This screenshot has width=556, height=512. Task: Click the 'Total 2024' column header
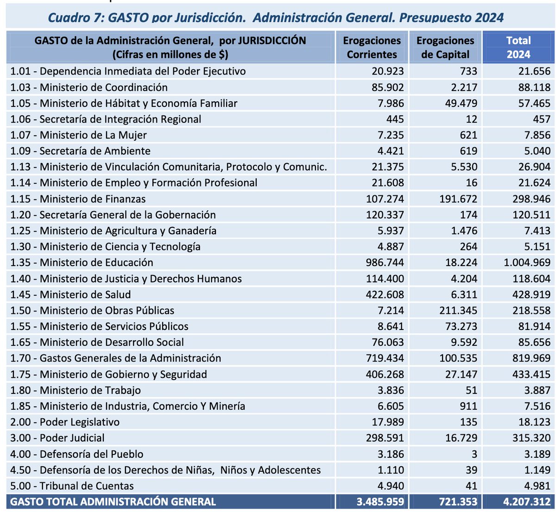(x=518, y=47)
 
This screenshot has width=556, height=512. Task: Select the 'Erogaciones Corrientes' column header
(x=372, y=47)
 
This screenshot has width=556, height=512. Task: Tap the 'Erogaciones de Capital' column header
(x=445, y=47)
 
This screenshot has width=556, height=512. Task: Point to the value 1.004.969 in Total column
(x=527, y=262)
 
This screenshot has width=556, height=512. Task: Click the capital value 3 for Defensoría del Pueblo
(x=474, y=454)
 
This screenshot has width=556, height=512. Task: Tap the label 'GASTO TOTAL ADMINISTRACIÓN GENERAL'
(x=113, y=502)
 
